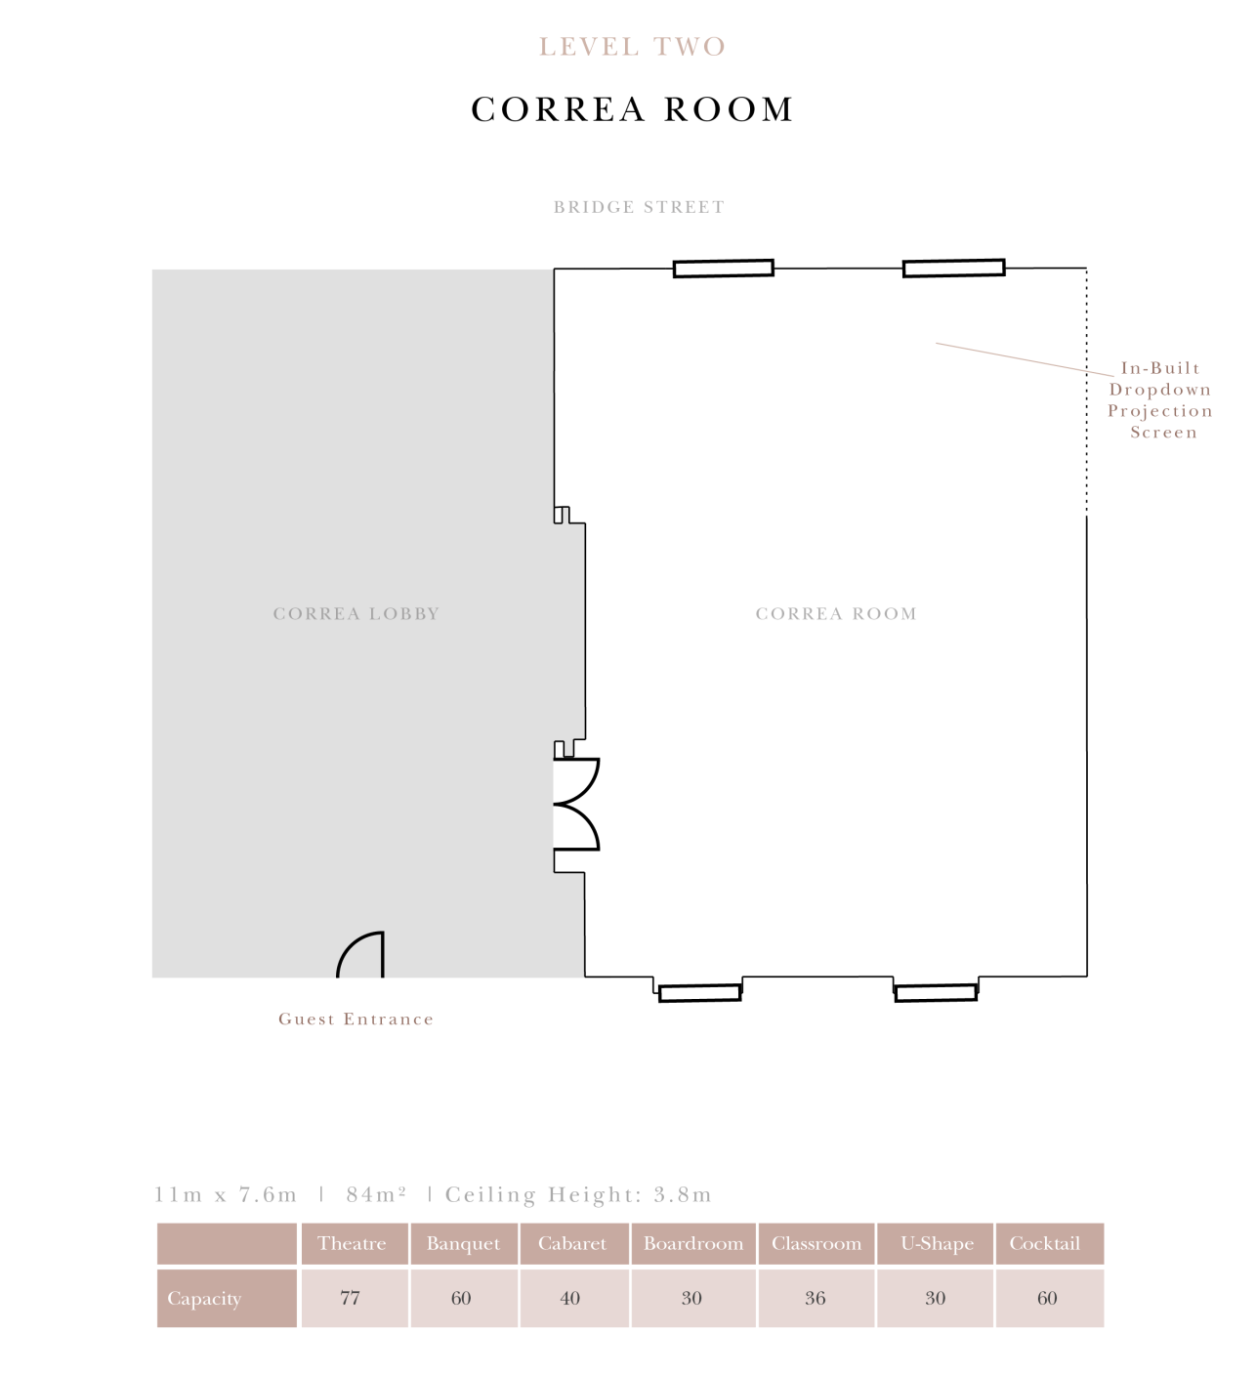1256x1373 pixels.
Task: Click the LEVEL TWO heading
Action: [632, 47]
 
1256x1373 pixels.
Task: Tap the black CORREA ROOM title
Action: [632, 109]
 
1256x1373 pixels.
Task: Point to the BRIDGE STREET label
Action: [639, 207]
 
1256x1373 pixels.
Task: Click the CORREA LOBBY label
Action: [356, 614]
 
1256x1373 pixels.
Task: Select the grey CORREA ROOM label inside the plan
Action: [836, 614]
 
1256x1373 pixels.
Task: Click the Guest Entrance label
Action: [356, 1019]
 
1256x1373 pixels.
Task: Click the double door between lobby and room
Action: [576, 805]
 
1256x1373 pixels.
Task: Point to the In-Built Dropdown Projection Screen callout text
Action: [1161, 400]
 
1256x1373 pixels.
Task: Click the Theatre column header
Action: [352, 1244]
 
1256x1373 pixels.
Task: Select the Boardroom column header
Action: [693, 1244]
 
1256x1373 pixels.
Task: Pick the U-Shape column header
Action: [937, 1244]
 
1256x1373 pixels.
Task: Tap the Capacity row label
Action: [204, 1299]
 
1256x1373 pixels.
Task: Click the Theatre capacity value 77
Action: [350, 1299]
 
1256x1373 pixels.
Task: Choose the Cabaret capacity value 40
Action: [569, 1299]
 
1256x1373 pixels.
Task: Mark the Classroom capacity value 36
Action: [815, 1299]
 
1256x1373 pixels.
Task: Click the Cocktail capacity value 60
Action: [1047, 1299]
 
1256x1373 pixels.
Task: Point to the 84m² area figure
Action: [376, 1195]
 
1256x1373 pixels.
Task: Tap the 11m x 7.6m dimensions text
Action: [226, 1195]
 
